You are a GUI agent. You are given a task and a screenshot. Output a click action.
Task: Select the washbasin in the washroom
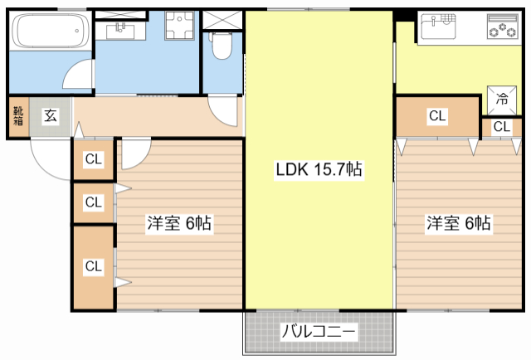click(x=121, y=32)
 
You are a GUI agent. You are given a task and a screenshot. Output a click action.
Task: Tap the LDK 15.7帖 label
click(x=319, y=169)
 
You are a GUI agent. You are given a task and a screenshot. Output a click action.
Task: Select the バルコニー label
click(x=319, y=332)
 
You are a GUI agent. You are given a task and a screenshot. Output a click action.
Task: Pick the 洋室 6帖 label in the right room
click(x=458, y=223)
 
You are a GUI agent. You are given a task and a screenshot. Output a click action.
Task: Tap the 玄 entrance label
click(x=51, y=117)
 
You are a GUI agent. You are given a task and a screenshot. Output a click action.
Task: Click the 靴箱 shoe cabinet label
click(x=18, y=117)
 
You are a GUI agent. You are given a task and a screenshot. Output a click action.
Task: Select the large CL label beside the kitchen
click(x=436, y=117)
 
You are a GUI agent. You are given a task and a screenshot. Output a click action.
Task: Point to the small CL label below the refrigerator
click(x=501, y=127)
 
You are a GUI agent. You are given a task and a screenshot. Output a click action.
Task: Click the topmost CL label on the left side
click(x=93, y=159)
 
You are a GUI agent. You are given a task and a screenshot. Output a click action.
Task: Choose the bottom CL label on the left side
click(x=93, y=266)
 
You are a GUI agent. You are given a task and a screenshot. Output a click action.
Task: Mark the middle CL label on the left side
click(x=93, y=202)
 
